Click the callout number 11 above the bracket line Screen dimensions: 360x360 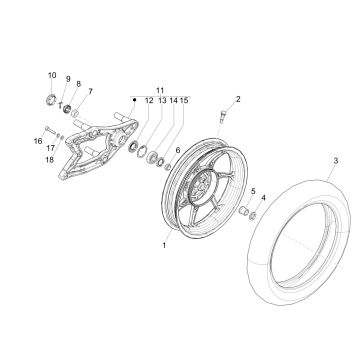click(161, 89)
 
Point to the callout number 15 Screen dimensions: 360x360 click(186, 101)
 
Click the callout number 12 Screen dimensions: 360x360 click(149, 101)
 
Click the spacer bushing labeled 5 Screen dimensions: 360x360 click(242, 210)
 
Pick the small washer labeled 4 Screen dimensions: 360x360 click(254, 215)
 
